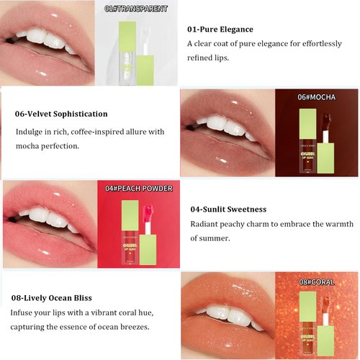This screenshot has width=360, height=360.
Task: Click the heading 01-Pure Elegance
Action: (x=220, y=30)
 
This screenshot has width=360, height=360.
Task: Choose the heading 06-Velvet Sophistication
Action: (x=61, y=114)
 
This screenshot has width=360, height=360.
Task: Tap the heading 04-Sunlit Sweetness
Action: (x=228, y=209)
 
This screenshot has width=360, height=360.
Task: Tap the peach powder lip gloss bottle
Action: (x=130, y=230)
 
